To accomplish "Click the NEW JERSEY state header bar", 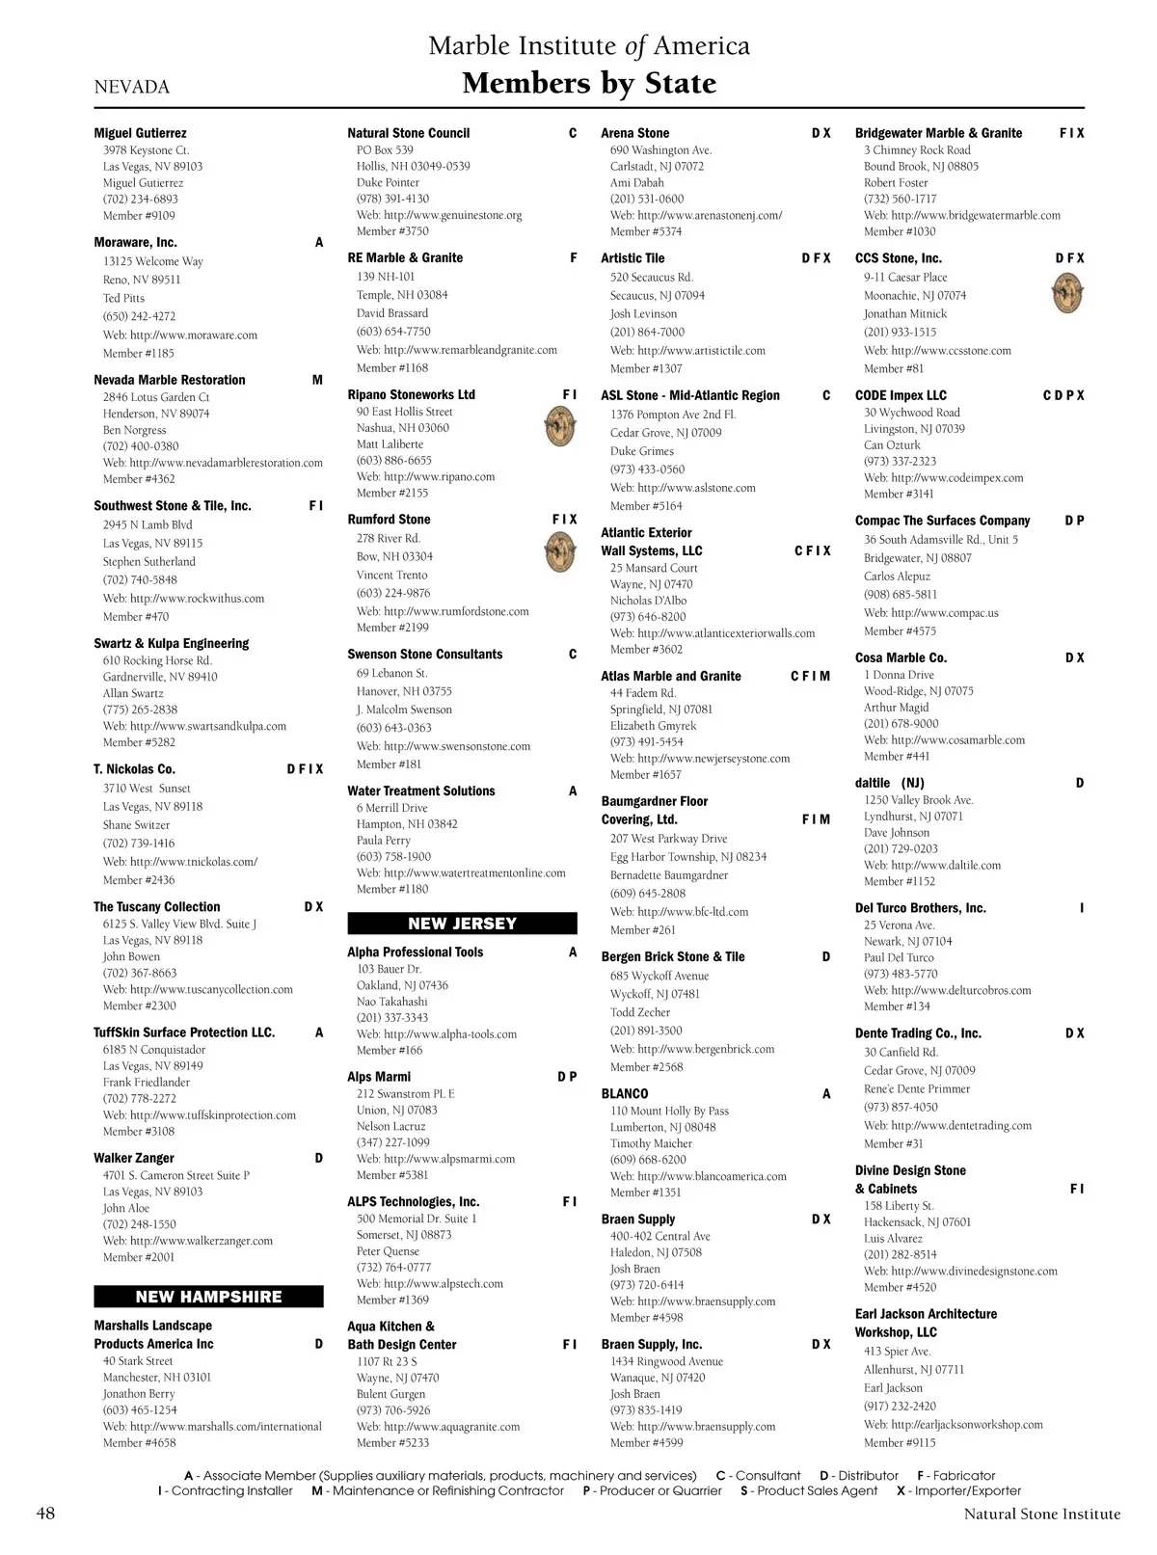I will click(462, 924).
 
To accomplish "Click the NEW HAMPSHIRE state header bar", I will click(208, 1297).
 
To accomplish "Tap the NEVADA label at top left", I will click(132, 87).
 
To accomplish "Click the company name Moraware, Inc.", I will click(135, 242).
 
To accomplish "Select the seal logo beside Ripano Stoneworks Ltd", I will click(560, 425).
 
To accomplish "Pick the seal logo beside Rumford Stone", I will click(560, 552).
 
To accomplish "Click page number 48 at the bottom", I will click(45, 1513).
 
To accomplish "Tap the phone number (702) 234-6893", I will click(141, 200).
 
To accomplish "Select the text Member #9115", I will click(900, 1443).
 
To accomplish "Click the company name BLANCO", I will click(625, 1093).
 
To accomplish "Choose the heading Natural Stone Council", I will click(409, 133).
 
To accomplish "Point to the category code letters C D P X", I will click(1063, 395).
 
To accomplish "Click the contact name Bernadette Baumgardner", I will click(669, 875).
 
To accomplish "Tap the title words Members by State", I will click(589, 84).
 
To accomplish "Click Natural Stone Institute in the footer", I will click(1042, 1515).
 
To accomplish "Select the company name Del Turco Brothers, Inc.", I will click(921, 908).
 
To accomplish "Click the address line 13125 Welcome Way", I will click(153, 261).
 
